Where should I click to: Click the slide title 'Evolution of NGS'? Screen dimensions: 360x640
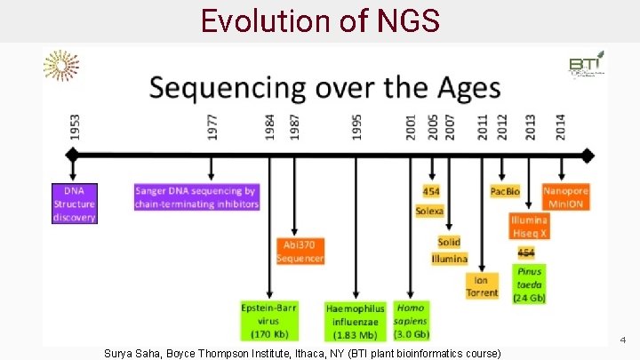coord(320,20)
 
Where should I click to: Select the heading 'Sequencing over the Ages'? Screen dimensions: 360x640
coord(324,89)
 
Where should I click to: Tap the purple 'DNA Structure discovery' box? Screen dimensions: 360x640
coord(75,204)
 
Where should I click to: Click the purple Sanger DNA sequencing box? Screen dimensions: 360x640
coord(196,197)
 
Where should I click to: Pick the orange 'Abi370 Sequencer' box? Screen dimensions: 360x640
coord(300,251)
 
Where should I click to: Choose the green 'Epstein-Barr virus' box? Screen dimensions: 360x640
coord(269,321)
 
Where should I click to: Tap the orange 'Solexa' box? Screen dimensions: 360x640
coord(430,211)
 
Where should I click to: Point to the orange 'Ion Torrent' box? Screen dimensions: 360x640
coord(483,285)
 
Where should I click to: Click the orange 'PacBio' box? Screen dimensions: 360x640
coord(505,191)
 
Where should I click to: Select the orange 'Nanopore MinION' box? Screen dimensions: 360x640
coord(565,197)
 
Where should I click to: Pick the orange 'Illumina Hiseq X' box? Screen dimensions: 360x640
coord(529,225)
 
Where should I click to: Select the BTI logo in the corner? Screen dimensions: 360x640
coord(586,64)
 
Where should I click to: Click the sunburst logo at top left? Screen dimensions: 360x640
coord(60,66)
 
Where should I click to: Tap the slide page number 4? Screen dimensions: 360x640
coord(623,340)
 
